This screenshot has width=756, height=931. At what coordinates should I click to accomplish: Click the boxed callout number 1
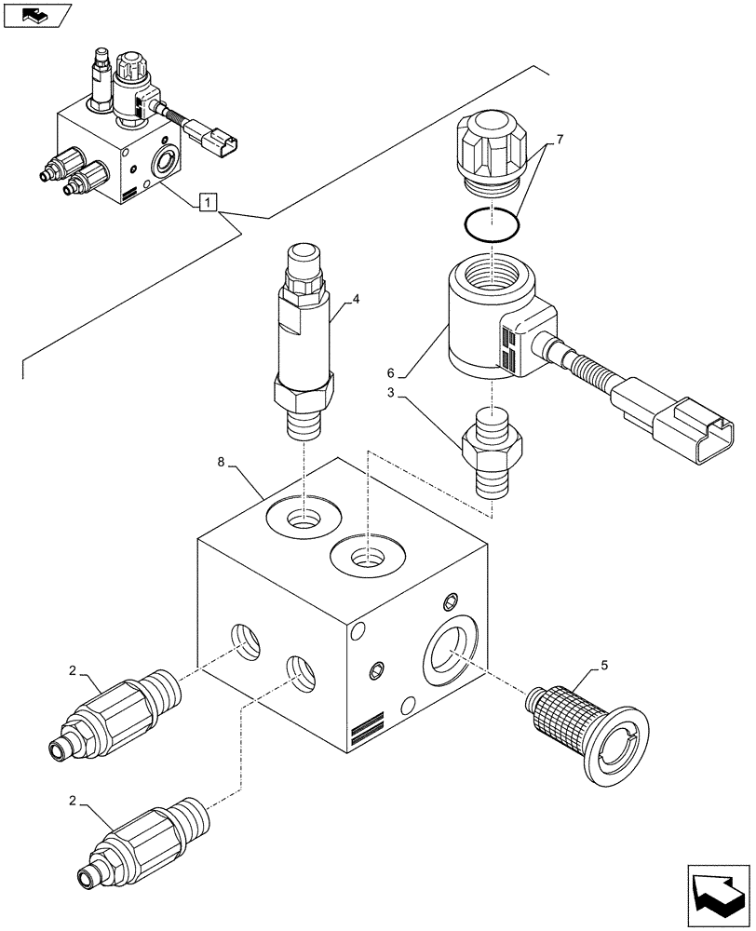tap(209, 201)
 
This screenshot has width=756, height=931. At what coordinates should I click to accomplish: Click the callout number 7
tap(560, 140)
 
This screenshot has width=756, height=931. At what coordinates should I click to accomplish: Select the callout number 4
tap(355, 300)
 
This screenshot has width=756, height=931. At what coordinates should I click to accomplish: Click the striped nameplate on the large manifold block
tap(367, 728)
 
